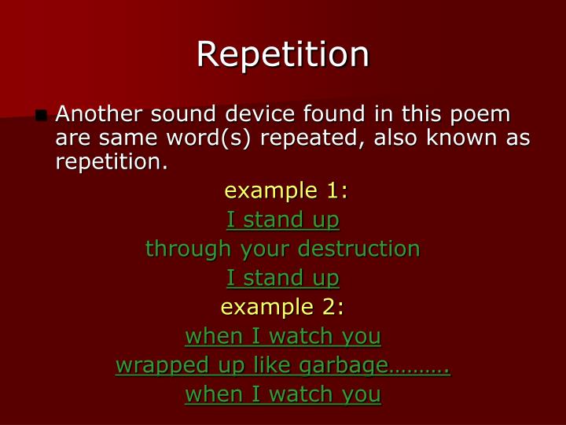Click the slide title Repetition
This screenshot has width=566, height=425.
click(283, 54)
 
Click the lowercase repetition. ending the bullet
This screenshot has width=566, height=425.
click(112, 162)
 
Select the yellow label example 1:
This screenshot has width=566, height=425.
click(286, 191)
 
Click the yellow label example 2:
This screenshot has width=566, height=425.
click(283, 307)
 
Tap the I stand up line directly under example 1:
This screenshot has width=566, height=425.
click(283, 220)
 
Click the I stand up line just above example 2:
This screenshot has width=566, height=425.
click(283, 278)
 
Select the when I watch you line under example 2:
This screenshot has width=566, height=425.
click(283, 336)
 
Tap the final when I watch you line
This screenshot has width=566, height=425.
click(283, 394)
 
